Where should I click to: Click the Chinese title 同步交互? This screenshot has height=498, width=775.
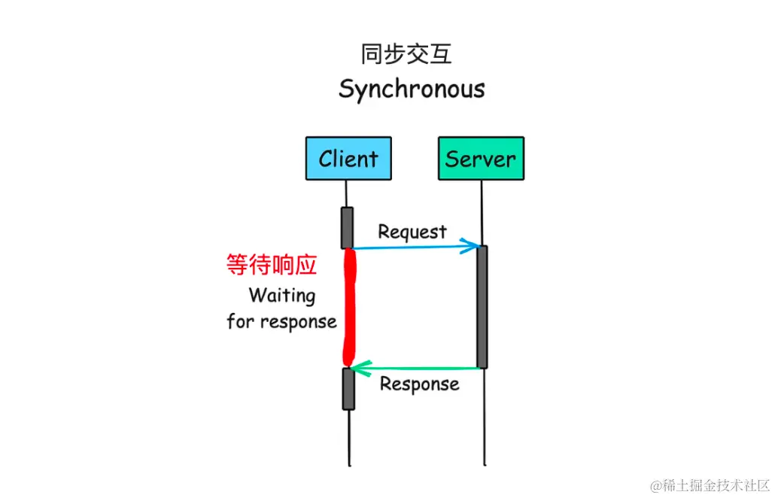pyautogui.click(x=406, y=55)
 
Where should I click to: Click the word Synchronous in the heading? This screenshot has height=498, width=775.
pyautogui.click(x=412, y=90)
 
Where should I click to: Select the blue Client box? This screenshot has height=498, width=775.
pyautogui.click(x=348, y=159)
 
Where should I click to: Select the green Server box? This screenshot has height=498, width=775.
pyautogui.click(x=481, y=159)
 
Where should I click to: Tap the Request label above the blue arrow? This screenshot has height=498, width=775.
pyautogui.click(x=412, y=232)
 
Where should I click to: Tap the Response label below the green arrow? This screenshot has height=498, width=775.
pyautogui.click(x=419, y=384)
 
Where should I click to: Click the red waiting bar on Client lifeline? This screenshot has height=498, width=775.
pyautogui.click(x=348, y=308)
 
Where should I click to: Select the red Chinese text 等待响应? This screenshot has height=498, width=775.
pyautogui.click(x=272, y=265)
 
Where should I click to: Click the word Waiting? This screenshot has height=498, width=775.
pyautogui.click(x=282, y=295)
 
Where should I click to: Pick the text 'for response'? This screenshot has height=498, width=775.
pyautogui.click(x=281, y=322)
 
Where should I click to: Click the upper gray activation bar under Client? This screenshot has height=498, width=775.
pyautogui.click(x=348, y=227)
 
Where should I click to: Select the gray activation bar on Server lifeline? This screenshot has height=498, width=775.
pyautogui.click(x=482, y=306)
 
